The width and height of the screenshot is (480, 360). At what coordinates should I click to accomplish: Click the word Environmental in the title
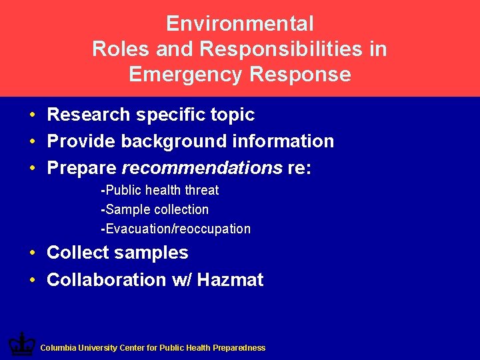239,24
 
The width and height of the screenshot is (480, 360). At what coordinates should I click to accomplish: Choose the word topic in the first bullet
232,115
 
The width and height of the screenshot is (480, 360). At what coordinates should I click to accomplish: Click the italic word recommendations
202,168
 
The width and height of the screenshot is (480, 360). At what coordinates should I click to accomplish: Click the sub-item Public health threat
160,190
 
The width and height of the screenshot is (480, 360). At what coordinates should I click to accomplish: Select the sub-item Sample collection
155,209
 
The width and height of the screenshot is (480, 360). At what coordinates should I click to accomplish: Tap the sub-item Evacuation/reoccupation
176,229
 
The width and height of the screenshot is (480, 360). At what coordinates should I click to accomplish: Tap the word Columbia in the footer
59,348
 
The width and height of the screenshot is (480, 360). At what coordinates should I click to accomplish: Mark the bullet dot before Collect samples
32,253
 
